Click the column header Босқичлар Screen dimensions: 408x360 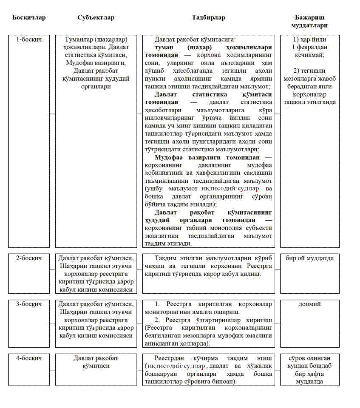tap(29, 18)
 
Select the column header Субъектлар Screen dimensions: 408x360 tap(96, 18)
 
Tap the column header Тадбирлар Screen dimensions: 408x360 tap(208, 18)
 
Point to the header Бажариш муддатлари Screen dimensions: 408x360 tap(312, 22)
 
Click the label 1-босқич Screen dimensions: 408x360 tap(29, 40)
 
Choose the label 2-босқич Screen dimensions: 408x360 tap(29, 258)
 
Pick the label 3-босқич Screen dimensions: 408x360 tap(29, 304)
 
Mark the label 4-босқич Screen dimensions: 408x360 tap(29, 358)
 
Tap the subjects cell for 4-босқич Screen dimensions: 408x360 tap(96, 362)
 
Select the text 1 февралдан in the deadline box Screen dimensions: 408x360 tap(312, 47)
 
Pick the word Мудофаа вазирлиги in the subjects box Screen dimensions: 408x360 tap(96, 63)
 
